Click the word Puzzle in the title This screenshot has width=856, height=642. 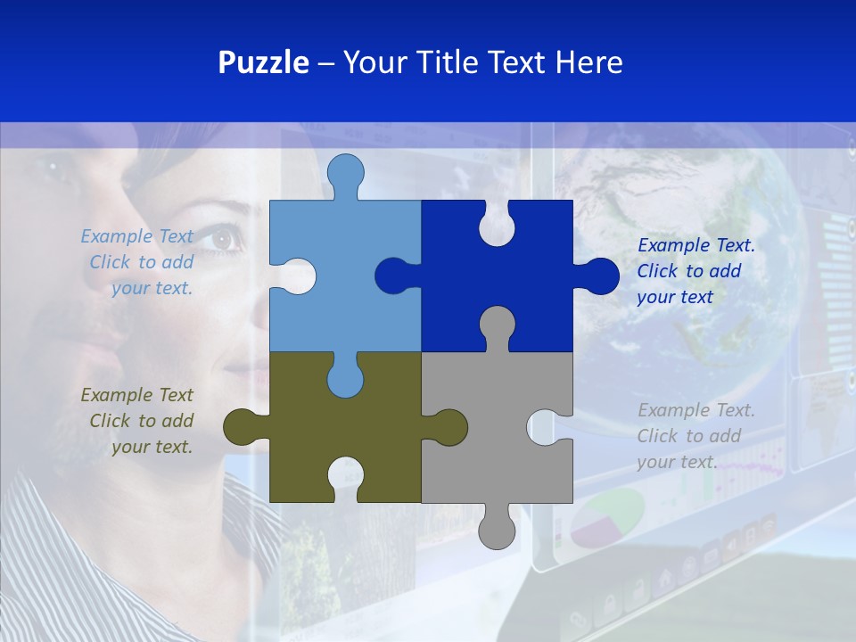[263, 63]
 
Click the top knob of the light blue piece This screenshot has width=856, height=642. [346, 174]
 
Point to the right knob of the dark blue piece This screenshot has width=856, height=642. [599, 276]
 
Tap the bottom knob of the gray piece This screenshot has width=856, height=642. [497, 528]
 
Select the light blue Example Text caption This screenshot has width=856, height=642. [139, 262]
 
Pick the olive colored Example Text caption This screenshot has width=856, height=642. [139, 421]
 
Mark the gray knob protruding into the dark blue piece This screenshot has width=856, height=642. [497, 325]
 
